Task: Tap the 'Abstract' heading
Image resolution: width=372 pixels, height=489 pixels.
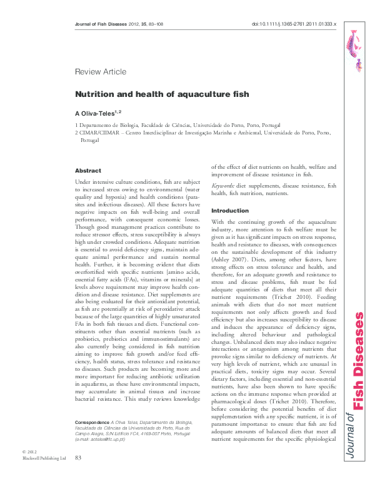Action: [x=88, y=170]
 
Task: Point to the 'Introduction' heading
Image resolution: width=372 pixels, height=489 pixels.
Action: [x=230, y=211]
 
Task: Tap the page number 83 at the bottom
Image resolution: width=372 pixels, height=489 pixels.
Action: [x=78, y=476]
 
